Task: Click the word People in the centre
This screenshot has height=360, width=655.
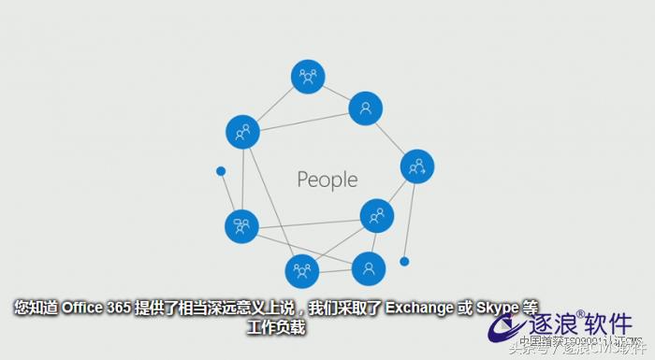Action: (327, 179)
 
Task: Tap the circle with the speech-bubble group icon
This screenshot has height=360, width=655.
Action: (242, 226)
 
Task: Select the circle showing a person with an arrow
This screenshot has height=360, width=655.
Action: (416, 167)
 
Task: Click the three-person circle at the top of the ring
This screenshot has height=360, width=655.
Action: (307, 76)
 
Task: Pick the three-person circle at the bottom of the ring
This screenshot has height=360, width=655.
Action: (302, 270)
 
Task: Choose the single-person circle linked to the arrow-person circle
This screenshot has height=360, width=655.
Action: (366, 108)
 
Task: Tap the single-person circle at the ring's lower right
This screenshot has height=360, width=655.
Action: (368, 269)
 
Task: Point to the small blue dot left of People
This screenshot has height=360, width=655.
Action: (221, 171)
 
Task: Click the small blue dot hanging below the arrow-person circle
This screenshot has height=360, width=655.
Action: (404, 261)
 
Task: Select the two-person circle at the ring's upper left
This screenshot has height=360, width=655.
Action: (243, 132)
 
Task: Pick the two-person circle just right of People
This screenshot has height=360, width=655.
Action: (377, 216)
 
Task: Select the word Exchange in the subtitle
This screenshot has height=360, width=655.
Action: (418, 308)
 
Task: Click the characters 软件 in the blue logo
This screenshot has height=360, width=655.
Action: (607, 324)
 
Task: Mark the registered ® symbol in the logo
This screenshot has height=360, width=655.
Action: (580, 314)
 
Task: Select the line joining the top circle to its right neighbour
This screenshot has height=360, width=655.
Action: (337, 93)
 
